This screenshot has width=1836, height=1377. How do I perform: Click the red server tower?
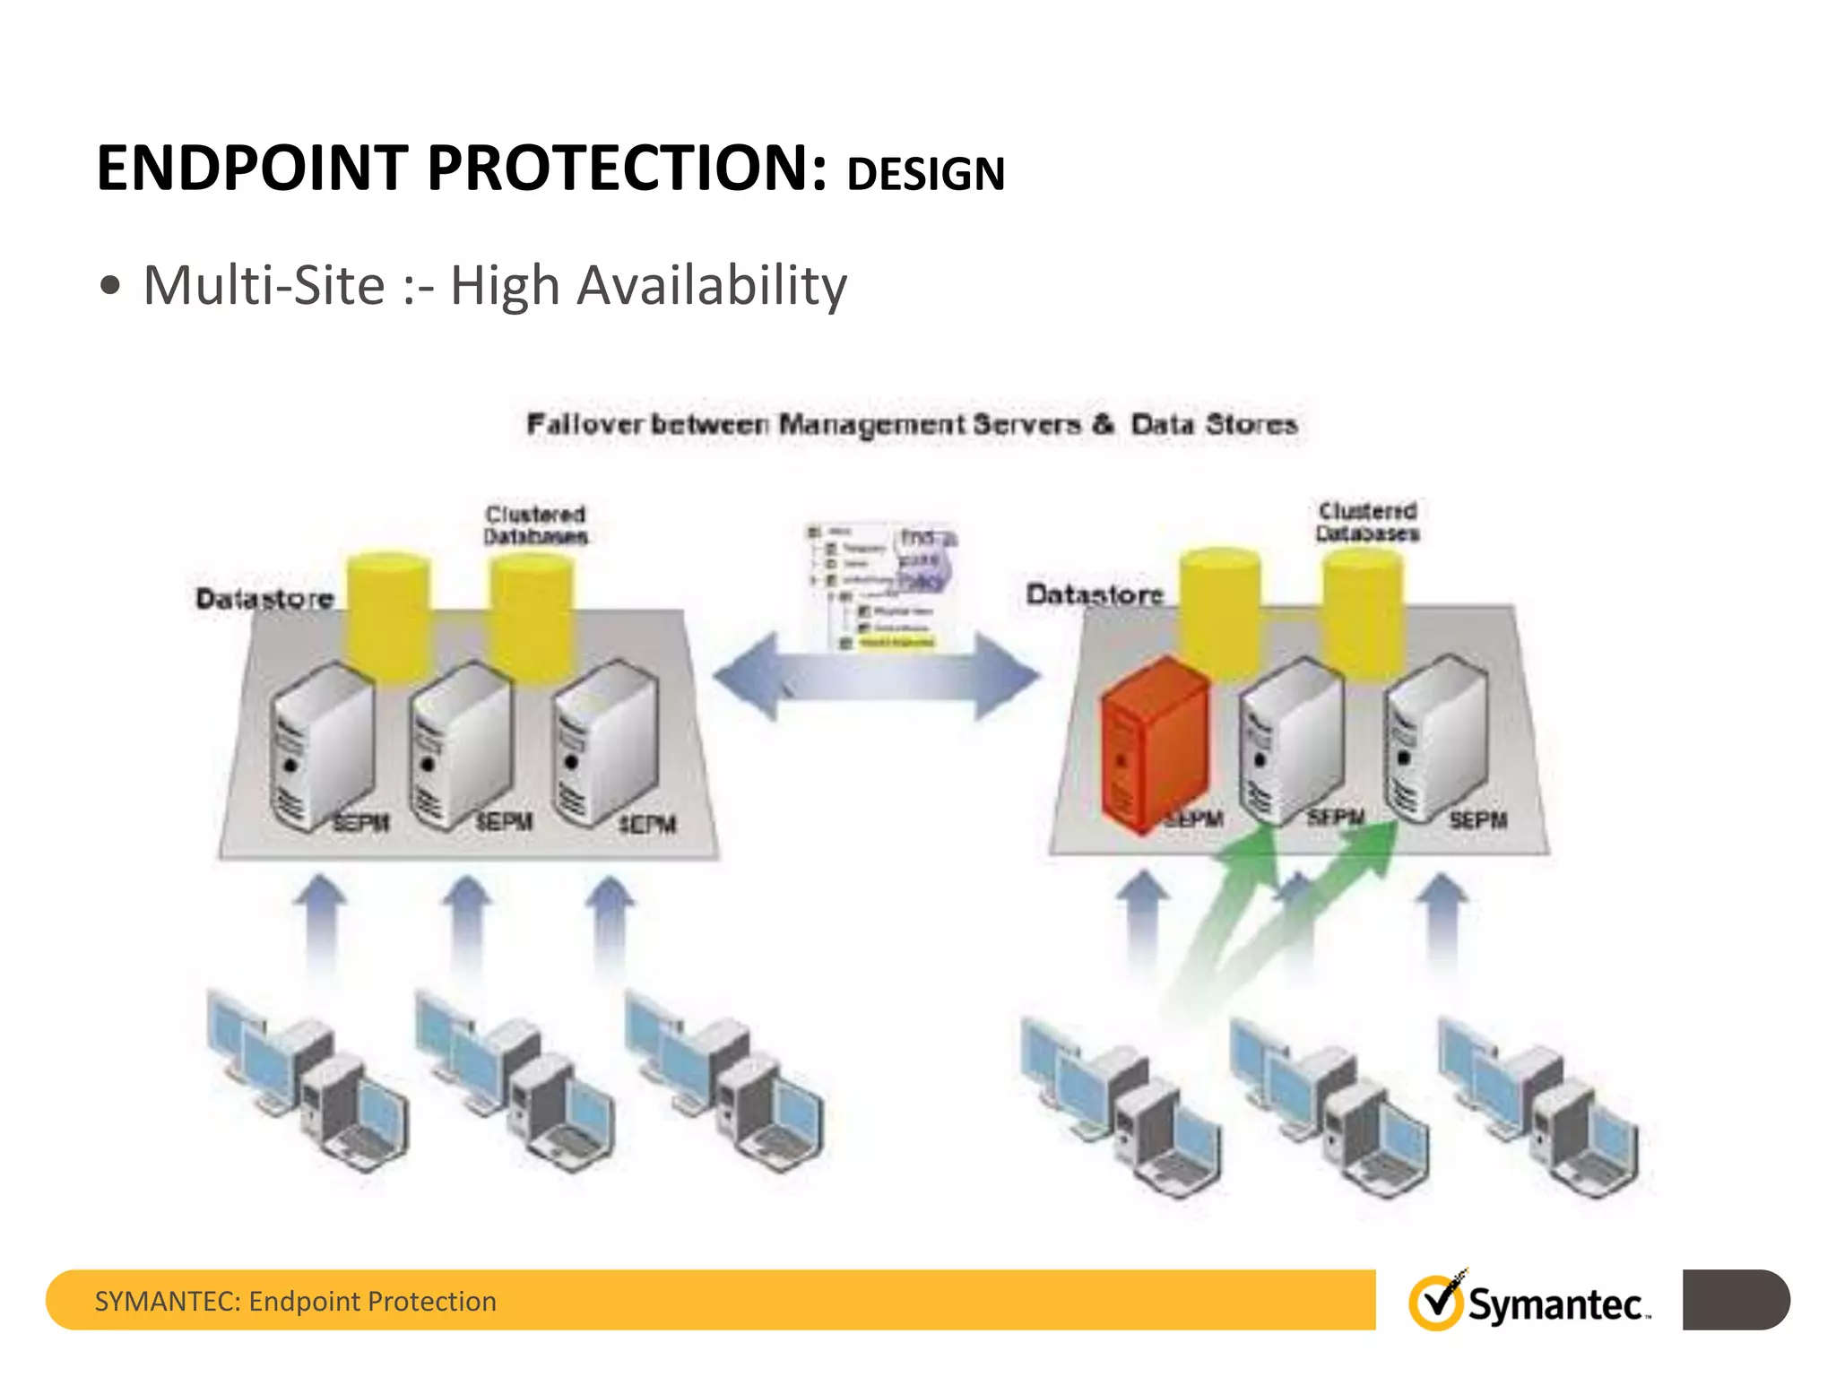(1155, 744)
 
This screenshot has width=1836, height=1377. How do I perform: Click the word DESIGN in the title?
(925, 174)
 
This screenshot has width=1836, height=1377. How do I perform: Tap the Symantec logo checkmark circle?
(1436, 1303)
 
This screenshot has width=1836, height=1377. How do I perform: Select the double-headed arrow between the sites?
(877, 677)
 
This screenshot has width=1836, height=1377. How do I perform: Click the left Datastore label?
(264, 598)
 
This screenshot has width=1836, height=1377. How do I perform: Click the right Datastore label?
(1094, 593)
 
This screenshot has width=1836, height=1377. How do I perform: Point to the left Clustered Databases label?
(535, 525)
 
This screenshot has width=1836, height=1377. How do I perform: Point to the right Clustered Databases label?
(1367, 522)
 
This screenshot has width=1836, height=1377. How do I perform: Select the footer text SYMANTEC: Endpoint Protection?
(295, 1301)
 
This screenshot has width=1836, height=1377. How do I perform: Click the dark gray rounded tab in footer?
(1736, 1299)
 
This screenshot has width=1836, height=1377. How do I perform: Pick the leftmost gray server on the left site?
(320, 744)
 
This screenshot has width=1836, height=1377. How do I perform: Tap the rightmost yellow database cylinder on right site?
(1363, 610)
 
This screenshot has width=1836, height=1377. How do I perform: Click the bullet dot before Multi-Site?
(110, 287)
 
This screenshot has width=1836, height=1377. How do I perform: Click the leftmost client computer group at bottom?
(305, 1080)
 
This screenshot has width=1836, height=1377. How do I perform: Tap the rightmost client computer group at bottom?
(1537, 1107)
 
